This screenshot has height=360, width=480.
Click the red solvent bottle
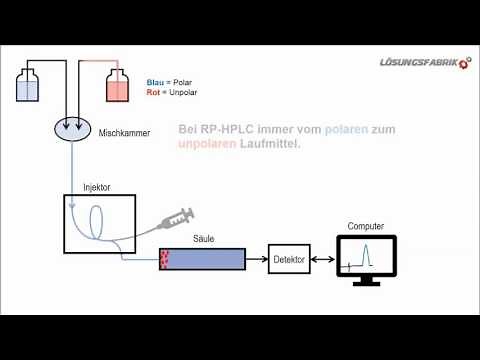click(x=119, y=87)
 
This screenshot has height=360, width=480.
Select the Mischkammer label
click(x=125, y=131)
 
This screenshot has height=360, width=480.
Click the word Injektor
click(x=84, y=187)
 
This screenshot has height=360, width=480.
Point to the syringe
click(x=174, y=218)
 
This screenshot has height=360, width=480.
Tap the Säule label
click(x=204, y=239)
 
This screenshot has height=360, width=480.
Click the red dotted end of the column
click(x=165, y=259)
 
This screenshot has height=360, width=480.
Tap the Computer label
click(x=367, y=226)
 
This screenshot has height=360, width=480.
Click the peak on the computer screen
click(x=367, y=253)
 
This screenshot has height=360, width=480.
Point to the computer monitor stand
click(x=367, y=281)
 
